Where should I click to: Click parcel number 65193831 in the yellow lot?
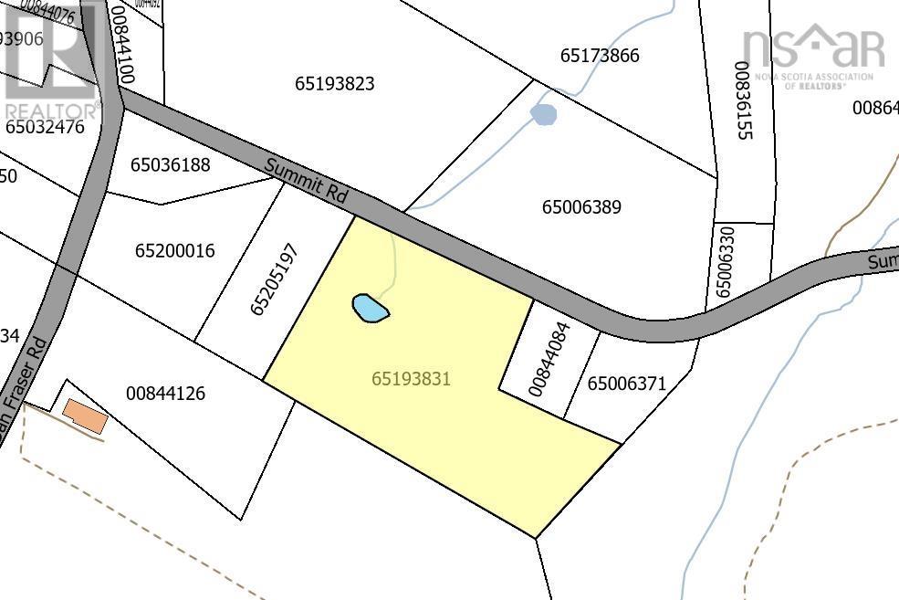(412, 377)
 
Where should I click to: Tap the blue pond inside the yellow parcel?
(371, 308)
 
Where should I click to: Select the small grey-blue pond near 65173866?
(544, 115)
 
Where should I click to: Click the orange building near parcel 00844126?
(85, 417)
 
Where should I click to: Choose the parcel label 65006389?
(581, 207)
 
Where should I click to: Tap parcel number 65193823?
(335, 84)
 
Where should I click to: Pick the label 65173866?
(600, 56)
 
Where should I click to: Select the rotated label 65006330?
(724, 263)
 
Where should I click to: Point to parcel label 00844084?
(549, 357)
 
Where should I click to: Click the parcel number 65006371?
(627, 384)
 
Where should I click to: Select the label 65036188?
(171, 165)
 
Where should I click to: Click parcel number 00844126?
(165, 394)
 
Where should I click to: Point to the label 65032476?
(45, 127)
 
